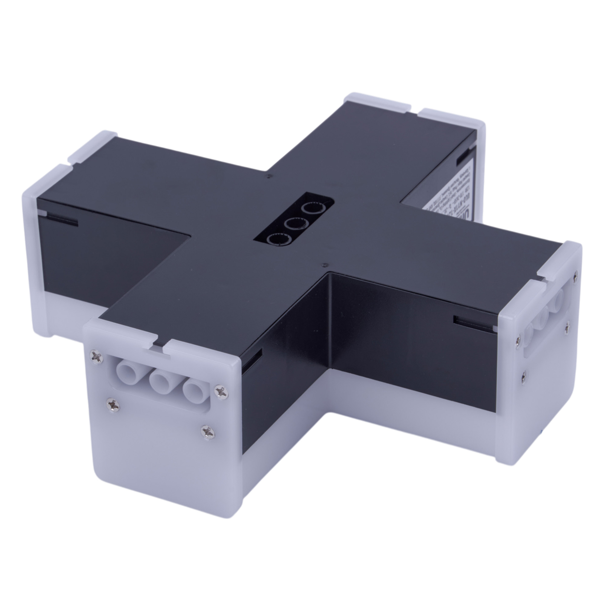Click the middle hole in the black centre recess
294,224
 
